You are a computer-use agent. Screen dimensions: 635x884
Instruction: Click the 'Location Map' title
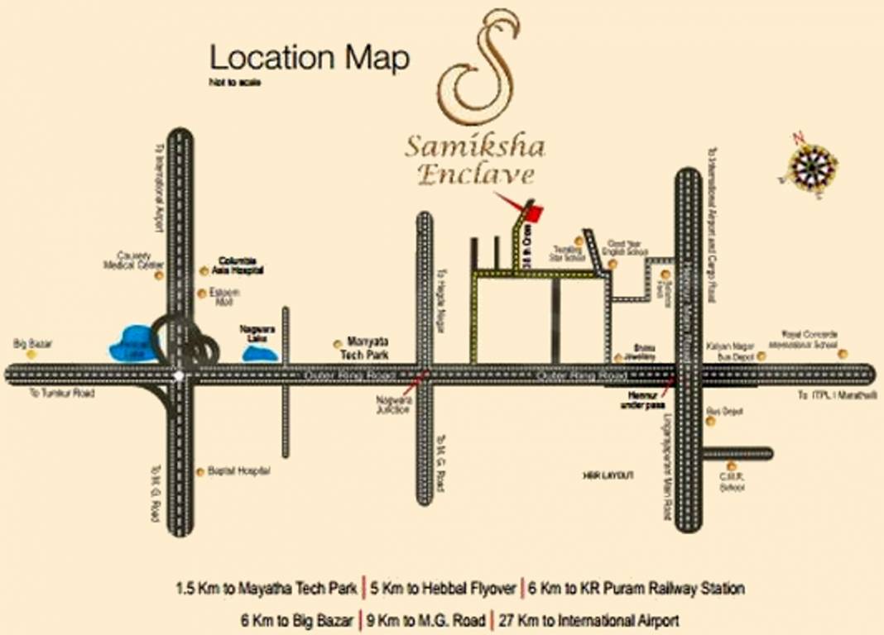309,58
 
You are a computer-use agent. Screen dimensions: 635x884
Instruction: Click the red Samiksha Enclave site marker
536,212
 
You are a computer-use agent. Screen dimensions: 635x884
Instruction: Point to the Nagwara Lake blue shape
260,353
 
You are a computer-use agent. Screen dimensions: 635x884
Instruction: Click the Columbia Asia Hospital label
240,265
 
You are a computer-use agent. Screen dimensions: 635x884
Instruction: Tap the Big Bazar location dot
31,354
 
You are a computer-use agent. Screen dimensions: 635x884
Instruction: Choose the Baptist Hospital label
241,471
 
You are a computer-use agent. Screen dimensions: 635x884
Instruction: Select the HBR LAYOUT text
608,475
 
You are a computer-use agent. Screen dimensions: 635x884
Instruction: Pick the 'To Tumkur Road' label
62,394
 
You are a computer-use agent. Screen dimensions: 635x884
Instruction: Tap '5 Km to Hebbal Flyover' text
444,589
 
